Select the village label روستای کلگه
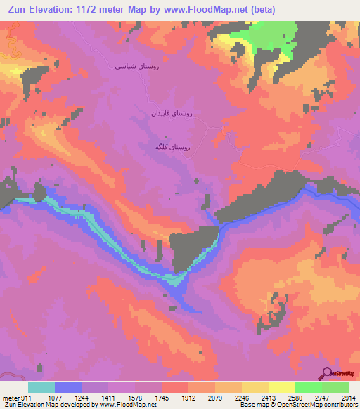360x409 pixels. click(x=172, y=148)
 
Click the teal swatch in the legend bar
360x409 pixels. click(x=41, y=387)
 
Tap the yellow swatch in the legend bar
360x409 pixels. click(x=281, y=387)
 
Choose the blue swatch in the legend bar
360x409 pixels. click(x=68, y=387)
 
